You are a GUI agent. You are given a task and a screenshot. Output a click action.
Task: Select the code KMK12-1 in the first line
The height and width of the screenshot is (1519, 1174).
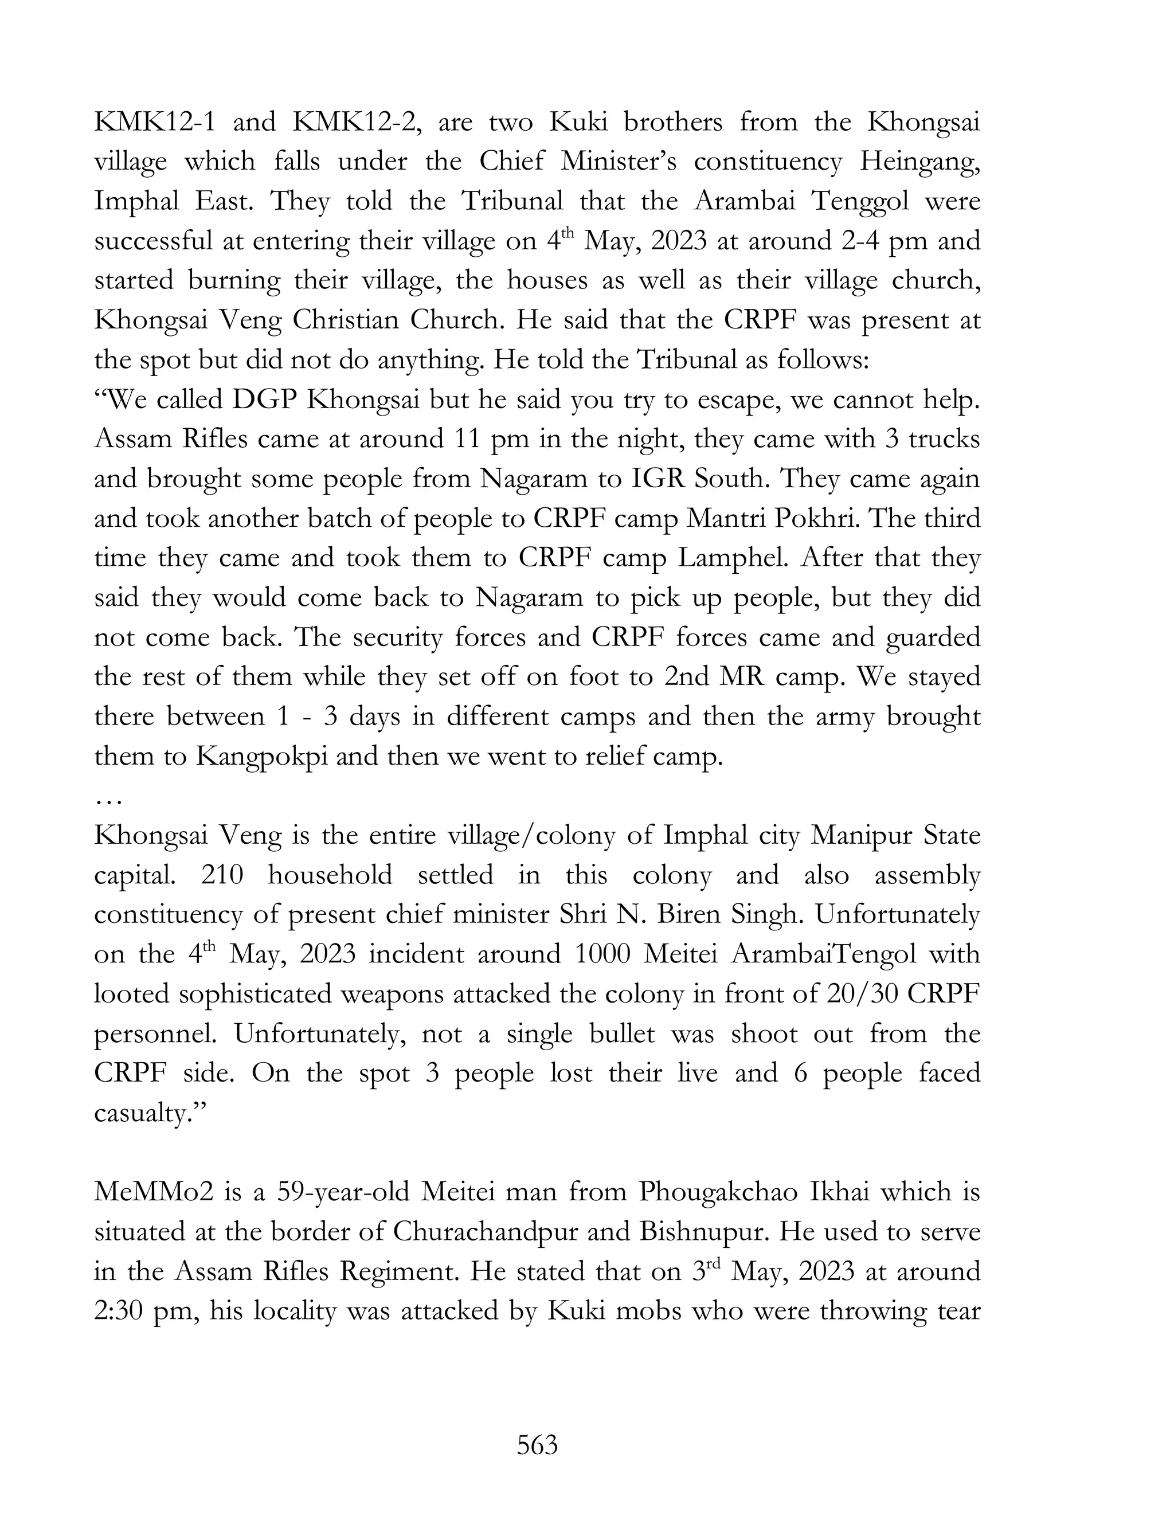(154, 123)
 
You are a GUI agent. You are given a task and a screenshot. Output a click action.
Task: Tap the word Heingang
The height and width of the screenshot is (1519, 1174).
(919, 162)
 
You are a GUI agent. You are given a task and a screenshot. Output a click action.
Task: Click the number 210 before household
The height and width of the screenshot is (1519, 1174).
(222, 875)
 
